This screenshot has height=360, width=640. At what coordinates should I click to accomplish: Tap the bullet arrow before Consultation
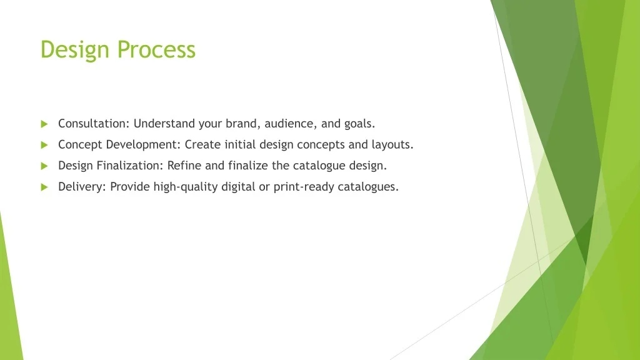[x=44, y=124]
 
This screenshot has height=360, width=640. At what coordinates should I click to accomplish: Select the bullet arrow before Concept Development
[x=44, y=145]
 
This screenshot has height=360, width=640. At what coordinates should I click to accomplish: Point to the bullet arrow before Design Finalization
[x=44, y=166]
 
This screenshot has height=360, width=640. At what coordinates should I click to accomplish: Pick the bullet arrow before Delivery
[x=44, y=187]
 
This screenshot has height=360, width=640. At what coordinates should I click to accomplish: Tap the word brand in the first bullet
[x=240, y=124]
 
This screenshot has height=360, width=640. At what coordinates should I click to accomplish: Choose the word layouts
[x=392, y=145]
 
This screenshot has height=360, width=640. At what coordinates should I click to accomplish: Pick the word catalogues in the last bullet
[x=367, y=187]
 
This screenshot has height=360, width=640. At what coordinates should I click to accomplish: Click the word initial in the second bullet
[x=237, y=145]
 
